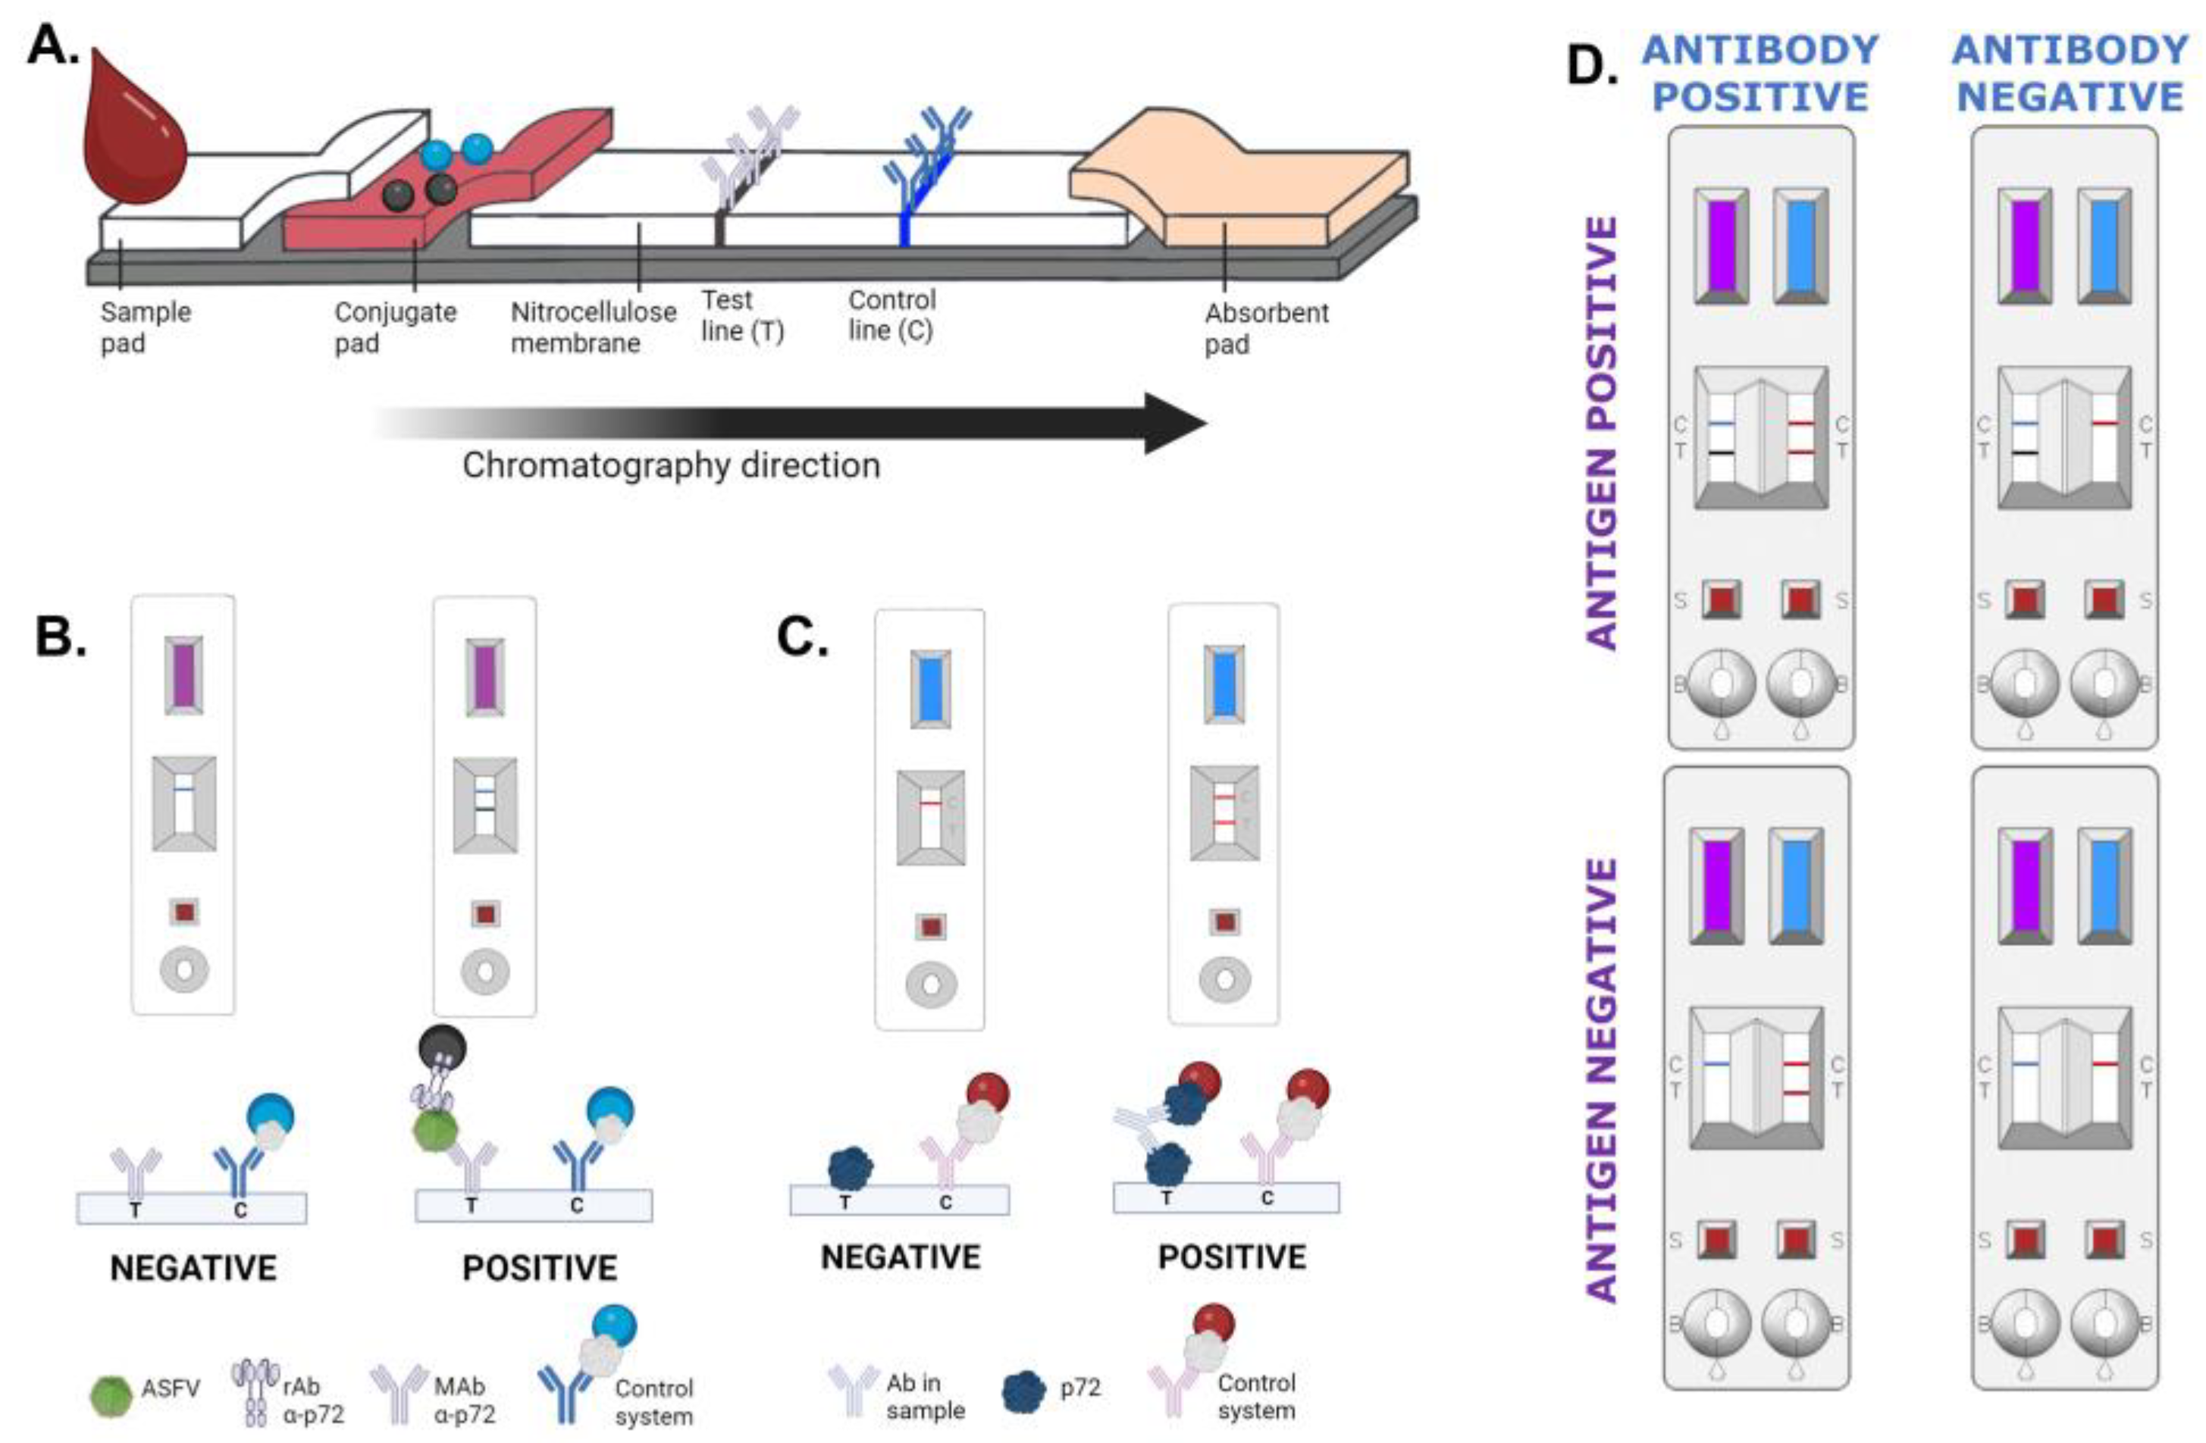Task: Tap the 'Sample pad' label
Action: point(146,327)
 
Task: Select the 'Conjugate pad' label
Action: point(396,327)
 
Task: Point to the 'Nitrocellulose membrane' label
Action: point(594,327)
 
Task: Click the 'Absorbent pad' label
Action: point(1266,328)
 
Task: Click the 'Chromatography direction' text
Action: point(671,465)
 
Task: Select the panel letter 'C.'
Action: point(803,637)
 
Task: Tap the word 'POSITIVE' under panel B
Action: point(540,1268)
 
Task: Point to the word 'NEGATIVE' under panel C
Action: point(901,1257)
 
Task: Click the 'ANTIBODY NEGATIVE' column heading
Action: point(2070,74)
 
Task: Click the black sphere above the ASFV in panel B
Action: point(442,1048)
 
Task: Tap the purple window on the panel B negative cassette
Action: point(184,675)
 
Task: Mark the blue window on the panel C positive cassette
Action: point(1224,684)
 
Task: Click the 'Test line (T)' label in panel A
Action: point(742,315)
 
